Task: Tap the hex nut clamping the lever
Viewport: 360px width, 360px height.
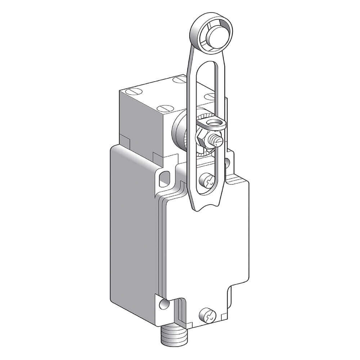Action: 201,138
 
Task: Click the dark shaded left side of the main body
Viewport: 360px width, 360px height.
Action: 130,230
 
